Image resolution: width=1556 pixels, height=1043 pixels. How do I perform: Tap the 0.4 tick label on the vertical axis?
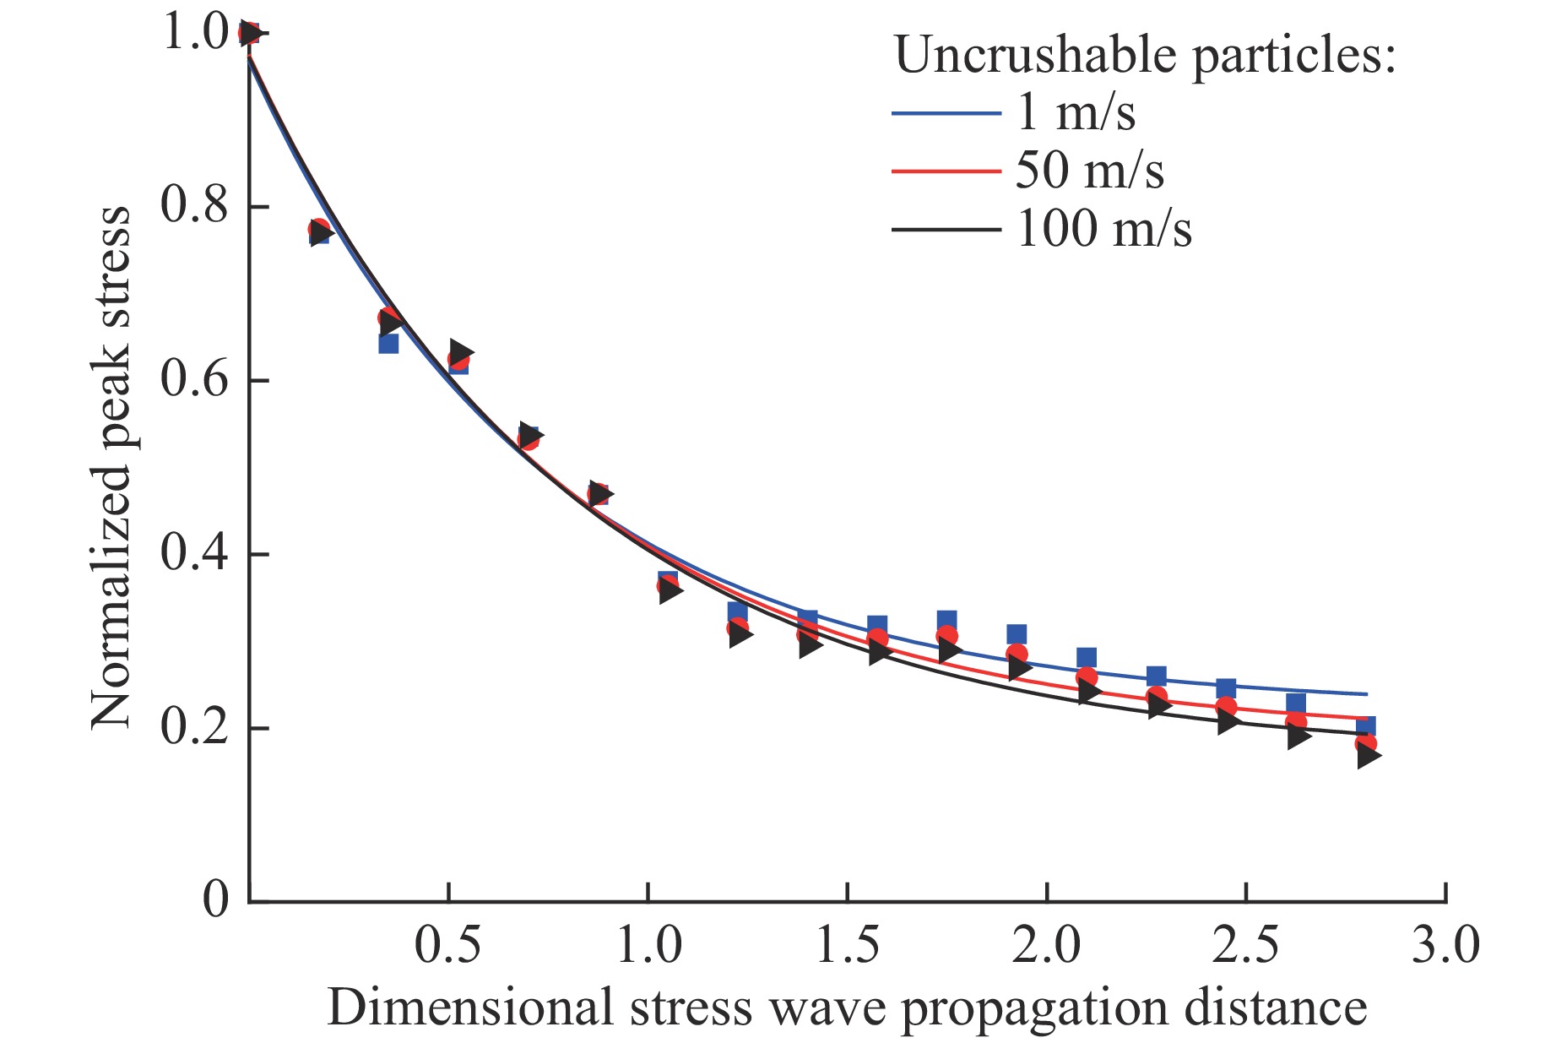coord(194,554)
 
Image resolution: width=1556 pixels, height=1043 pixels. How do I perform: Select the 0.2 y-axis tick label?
coord(194,728)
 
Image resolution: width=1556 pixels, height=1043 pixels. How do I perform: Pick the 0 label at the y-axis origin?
coord(216,901)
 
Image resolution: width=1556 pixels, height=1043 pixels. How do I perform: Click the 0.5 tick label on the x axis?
coord(447,945)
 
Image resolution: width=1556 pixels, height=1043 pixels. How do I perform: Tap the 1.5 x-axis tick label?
coord(847,945)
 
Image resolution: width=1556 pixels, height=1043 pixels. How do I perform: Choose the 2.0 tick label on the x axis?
coord(1046,945)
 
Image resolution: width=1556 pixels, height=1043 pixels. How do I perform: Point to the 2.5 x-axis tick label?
coord(1246,945)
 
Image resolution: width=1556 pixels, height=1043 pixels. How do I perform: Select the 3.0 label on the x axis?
coord(1445,945)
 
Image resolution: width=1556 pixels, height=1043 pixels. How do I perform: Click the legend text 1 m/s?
coord(1076,112)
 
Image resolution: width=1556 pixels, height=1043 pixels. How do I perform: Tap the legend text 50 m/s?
coord(1090,171)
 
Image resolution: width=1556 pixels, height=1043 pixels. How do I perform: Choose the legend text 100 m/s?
coord(1104,229)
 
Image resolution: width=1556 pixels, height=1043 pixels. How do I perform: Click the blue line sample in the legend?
coord(946,112)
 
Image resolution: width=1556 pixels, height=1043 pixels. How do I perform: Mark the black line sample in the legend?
coord(946,229)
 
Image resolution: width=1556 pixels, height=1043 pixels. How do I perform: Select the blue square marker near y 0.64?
coord(388,343)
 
